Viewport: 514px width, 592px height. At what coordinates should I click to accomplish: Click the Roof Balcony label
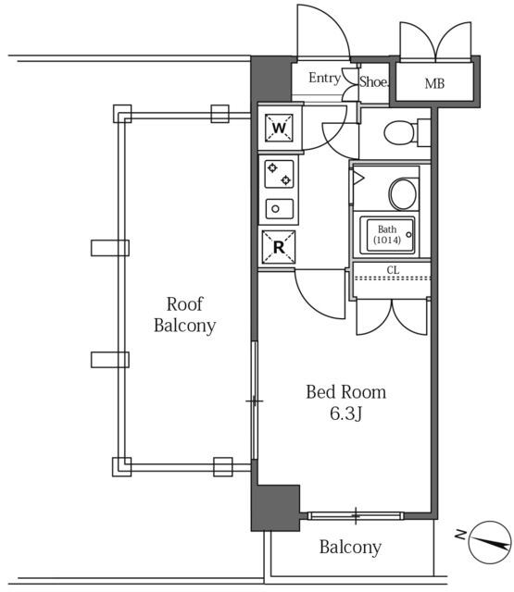185,314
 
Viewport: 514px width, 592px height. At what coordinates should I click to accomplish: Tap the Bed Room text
346,392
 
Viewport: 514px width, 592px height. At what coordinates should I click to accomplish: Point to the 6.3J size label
346,413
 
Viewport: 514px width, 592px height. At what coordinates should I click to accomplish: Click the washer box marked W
279,128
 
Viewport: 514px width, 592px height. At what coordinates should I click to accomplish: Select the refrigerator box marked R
279,247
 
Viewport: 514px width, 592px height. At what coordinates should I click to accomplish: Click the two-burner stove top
279,174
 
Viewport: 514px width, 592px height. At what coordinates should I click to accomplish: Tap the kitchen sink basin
280,209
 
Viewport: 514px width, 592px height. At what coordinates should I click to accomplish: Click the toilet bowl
399,132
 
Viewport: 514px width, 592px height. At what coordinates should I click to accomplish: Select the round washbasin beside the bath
403,193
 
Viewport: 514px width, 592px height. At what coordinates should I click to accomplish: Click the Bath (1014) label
387,234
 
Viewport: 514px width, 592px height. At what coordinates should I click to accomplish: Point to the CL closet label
393,270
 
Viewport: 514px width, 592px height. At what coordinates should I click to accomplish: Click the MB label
434,83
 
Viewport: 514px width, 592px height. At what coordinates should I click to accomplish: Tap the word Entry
324,78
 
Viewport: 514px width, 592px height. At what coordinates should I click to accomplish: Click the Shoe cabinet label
373,81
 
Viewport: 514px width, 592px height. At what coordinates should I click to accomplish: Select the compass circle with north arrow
490,543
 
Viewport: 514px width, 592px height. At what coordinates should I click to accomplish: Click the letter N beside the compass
461,534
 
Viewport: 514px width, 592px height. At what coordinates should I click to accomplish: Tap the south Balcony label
350,547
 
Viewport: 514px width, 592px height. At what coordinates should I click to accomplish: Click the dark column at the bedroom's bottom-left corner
275,508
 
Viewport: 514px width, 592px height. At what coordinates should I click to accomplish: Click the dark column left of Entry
270,79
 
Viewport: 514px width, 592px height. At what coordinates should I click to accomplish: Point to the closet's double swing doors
392,317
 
